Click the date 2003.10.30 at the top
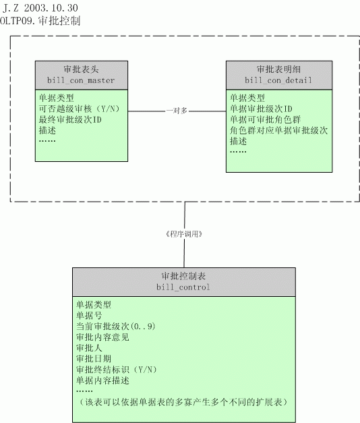pos(51,8)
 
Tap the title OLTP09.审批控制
pos(40,21)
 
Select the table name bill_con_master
pos(81,80)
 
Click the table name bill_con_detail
pos(278,80)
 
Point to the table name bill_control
pos(183,287)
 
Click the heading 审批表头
pos(81,69)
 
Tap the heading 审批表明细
pos(279,69)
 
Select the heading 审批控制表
pos(183,276)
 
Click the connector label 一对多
pos(177,111)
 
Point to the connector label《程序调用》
pos(184,234)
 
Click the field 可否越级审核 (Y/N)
pos(80,109)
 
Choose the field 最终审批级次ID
pos(70,119)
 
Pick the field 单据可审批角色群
pos(266,119)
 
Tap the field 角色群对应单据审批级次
pos(278,130)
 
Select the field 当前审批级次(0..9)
pos(116,327)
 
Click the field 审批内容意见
pos(102,337)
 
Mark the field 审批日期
pos(94,359)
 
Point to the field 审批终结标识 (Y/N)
pos(117,370)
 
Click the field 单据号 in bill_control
pos(89,316)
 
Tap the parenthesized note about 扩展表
pos(183,402)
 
